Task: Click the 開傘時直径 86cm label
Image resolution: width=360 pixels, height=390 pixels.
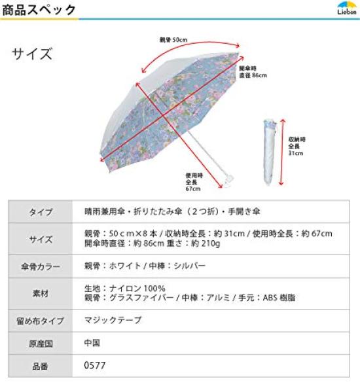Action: [x=253, y=71]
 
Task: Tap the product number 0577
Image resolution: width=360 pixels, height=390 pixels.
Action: [x=94, y=366]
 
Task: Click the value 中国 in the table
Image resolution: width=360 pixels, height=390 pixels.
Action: [x=92, y=343]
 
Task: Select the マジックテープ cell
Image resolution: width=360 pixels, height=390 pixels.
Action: [x=113, y=321]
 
